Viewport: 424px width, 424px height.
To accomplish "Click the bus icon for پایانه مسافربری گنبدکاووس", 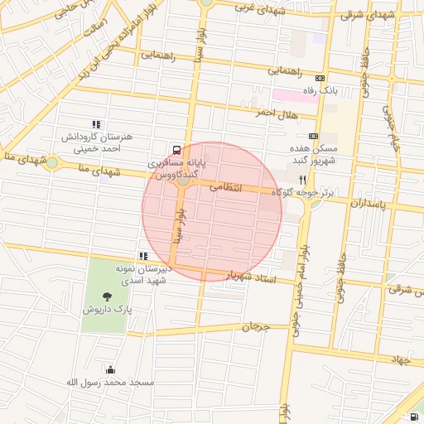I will point(176,150).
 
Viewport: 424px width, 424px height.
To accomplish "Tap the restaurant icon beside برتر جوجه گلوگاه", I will point(303,180).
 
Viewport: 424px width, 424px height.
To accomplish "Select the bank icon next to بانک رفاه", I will point(320,78).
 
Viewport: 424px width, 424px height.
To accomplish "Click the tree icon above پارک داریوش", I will point(107,296).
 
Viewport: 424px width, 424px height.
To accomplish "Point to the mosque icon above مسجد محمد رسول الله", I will point(109,369).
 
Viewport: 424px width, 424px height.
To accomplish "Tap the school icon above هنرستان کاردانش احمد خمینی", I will point(96,124).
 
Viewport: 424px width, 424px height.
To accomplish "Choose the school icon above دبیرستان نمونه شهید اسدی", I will point(143,256).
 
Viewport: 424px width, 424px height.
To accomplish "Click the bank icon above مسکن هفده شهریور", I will point(313,135).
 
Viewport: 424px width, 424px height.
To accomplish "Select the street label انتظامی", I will point(225,188).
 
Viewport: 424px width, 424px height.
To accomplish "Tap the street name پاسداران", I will point(369,203).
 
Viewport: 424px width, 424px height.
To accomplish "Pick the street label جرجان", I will point(256,326).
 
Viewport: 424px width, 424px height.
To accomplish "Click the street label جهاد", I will point(402,360).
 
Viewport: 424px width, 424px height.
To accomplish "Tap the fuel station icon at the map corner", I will point(413,417).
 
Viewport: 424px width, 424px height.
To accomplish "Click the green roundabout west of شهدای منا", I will point(52,163).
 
